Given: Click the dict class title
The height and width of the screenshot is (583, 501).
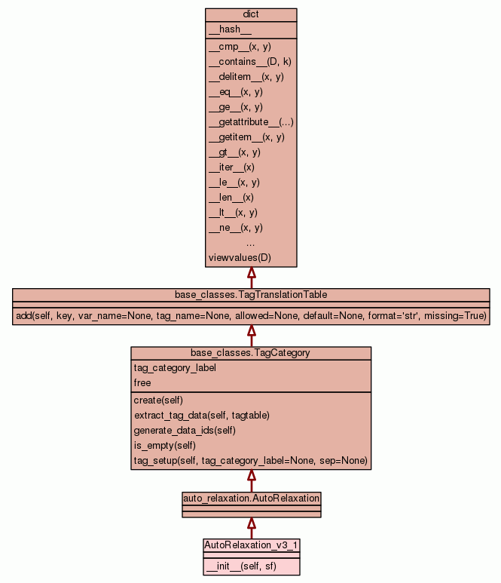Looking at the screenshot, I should (x=251, y=15).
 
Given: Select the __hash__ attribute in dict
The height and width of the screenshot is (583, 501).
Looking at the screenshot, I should (x=225, y=29).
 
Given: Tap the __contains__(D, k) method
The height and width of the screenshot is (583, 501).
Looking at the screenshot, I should (x=249, y=62).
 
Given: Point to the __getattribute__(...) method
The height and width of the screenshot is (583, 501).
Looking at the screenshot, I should (x=251, y=122).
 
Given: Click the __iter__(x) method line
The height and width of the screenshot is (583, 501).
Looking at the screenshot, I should (x=231, y=167).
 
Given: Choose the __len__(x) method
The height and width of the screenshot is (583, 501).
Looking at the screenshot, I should (x=231, y=198).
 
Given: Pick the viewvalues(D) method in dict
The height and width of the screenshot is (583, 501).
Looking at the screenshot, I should (x=240, y=258).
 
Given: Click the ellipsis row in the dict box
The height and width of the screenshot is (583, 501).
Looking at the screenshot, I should (x=251, y=243).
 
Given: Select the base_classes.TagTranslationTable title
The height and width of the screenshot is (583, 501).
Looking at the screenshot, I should (x=251, y=294).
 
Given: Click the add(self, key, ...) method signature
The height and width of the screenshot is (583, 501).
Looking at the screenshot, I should (x=251, y=315).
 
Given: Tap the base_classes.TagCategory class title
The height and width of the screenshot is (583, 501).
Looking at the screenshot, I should (x=251, y=352).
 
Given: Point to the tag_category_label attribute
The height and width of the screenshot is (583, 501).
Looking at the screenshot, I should (x=175, y=368).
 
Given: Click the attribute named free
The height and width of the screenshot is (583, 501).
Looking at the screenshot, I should (x=142, y=383).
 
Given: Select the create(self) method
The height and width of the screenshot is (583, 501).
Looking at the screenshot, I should (x=158, y=400).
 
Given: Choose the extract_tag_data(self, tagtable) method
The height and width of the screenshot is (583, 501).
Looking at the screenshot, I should (x=202, y=416).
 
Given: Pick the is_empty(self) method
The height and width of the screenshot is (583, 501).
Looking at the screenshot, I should (x=166, y=446).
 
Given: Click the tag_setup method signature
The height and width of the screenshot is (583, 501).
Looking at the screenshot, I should (x=250, y=461).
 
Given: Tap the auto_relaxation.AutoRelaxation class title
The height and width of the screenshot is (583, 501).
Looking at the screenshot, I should (x=252, y=499).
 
